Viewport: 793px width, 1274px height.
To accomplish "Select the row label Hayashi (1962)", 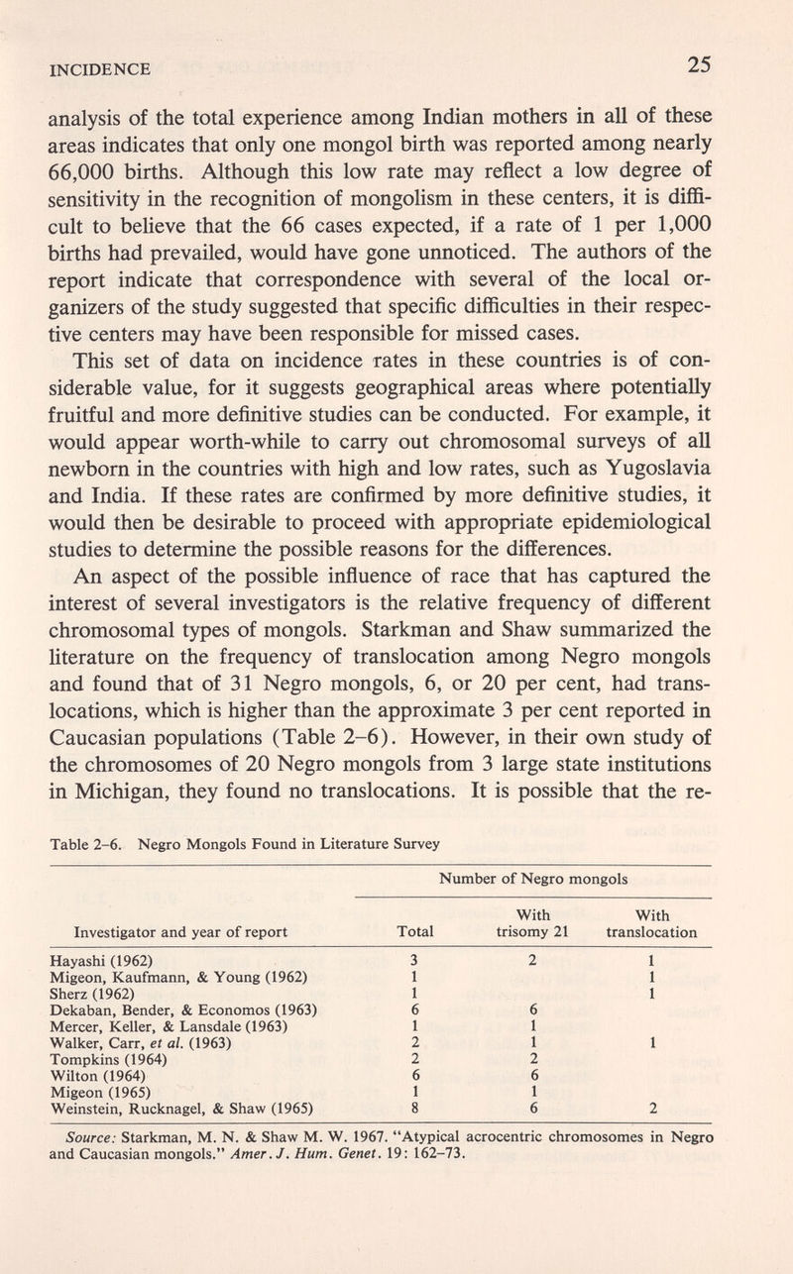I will [x=101, y=960].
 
